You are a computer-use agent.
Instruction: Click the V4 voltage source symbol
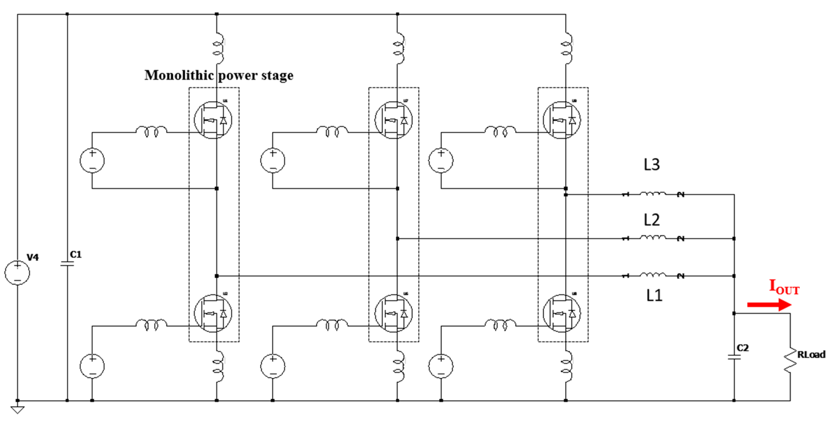coord(17,273)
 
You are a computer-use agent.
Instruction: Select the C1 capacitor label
coord(76,255)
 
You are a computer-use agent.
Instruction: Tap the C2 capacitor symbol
coord(734,357)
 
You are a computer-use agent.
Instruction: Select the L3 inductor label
coord(651,165)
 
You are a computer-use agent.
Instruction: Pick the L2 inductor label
coord(651,220)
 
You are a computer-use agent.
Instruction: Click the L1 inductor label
coord(654,295)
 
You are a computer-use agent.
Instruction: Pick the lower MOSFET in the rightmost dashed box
coord(562,313)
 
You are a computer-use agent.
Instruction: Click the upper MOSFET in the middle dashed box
coord(393,120)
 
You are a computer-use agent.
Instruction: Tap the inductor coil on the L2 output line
coord(652,238)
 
